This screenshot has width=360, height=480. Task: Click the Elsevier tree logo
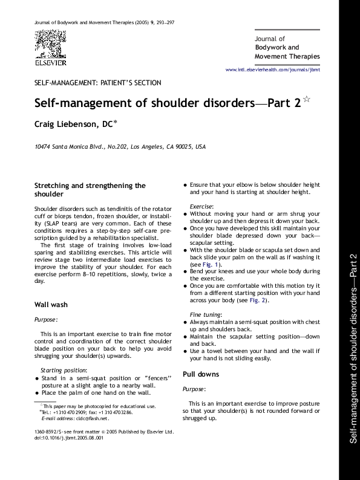(50, 44)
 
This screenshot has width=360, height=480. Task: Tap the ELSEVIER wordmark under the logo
(50, 61)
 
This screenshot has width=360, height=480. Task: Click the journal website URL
(272, 70)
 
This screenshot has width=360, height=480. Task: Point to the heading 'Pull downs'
(201, 374)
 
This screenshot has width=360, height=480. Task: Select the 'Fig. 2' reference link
(257, 300)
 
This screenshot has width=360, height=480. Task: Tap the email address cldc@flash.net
(91, 418)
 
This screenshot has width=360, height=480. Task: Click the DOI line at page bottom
(70, 438)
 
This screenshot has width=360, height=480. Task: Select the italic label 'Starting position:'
(64, 369)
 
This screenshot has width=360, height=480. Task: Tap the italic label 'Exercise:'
(201, 206)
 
